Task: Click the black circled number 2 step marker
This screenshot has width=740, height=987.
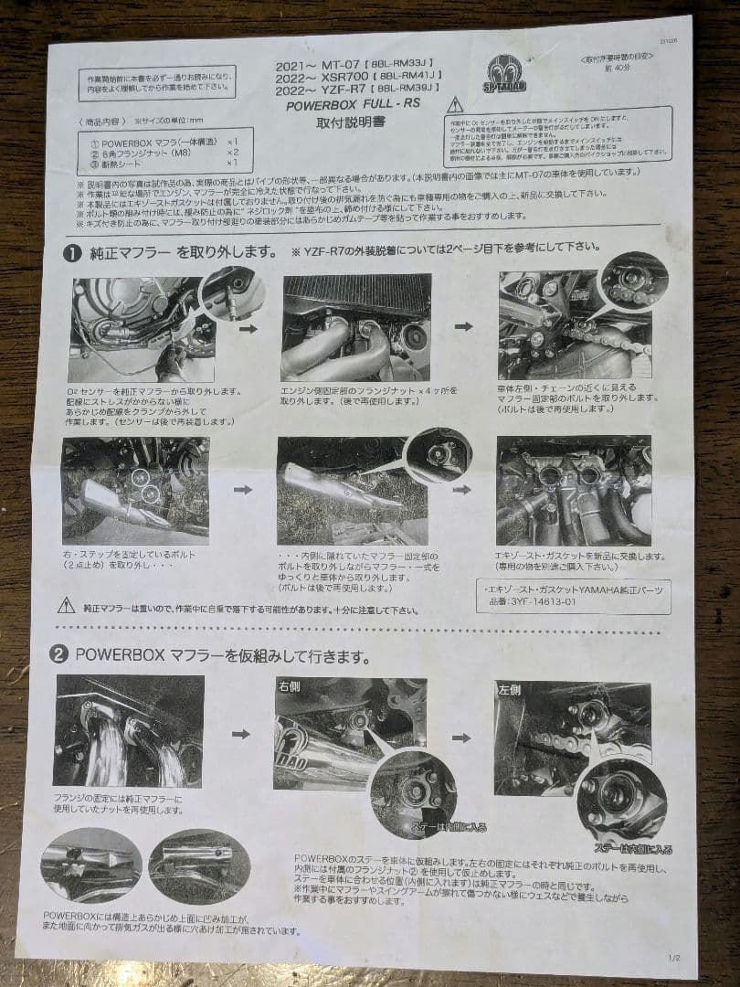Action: pos(58,654)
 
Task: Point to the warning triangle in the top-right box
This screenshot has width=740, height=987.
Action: pos(455,105)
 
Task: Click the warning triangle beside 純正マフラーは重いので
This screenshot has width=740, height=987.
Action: pos(67,605)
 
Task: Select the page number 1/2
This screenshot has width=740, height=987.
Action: pos(674,959)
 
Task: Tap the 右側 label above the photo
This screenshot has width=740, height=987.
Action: pos(289,685)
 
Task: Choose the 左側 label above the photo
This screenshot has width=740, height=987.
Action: pos(508,688)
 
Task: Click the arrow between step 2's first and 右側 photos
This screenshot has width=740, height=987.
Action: pos(241,733)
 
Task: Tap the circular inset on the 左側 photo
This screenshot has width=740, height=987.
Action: pos(620,800)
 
